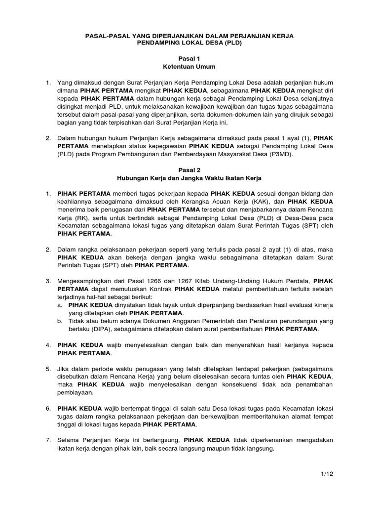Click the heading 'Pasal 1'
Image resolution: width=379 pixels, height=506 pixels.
[x=190, y=58]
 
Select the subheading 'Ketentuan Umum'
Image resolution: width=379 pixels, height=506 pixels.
[x=190, y=66]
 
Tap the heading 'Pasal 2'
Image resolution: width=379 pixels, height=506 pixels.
[x=190, y=169]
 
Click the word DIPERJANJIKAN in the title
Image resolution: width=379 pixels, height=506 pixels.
[x=163, y=36]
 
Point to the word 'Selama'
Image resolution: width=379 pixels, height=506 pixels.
[x=69, y=440]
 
